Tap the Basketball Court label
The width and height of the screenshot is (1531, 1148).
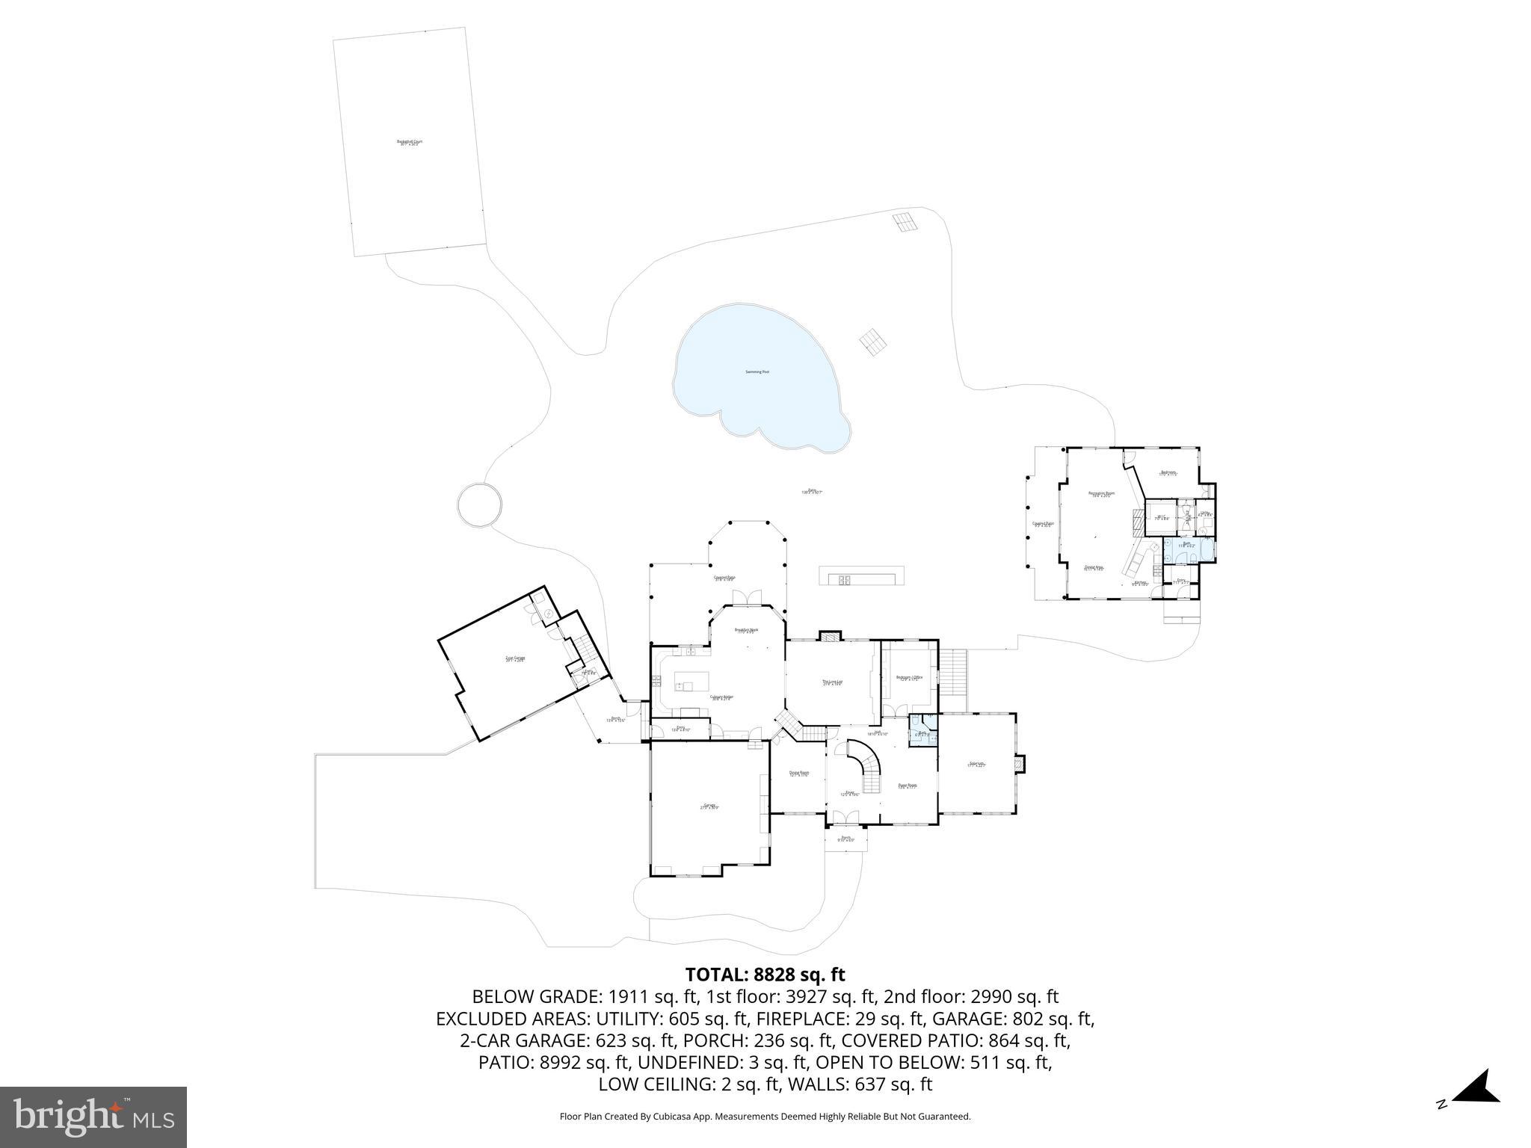pyautogui.click(x=410, y=142)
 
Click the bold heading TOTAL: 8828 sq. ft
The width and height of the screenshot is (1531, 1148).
pyautogui.click(x=765, y=975)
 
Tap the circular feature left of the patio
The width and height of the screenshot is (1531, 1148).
pyautogui.click(x=478, y=504)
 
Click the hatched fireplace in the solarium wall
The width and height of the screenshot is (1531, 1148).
pyautogui.click(x=1020, y=764)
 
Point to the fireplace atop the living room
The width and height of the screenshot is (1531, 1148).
pyautogui.click(x=830, y=636)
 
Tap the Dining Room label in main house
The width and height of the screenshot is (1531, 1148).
pyautogui.click(x=798, y=774)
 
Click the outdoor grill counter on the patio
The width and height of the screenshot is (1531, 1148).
pyautogui.click(x=862, y=577)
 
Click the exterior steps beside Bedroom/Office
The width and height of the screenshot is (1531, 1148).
pyautogui.click(x=952, y=671)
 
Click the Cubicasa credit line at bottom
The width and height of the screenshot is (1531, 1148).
pyautogui.click(x=765, y=1117)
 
